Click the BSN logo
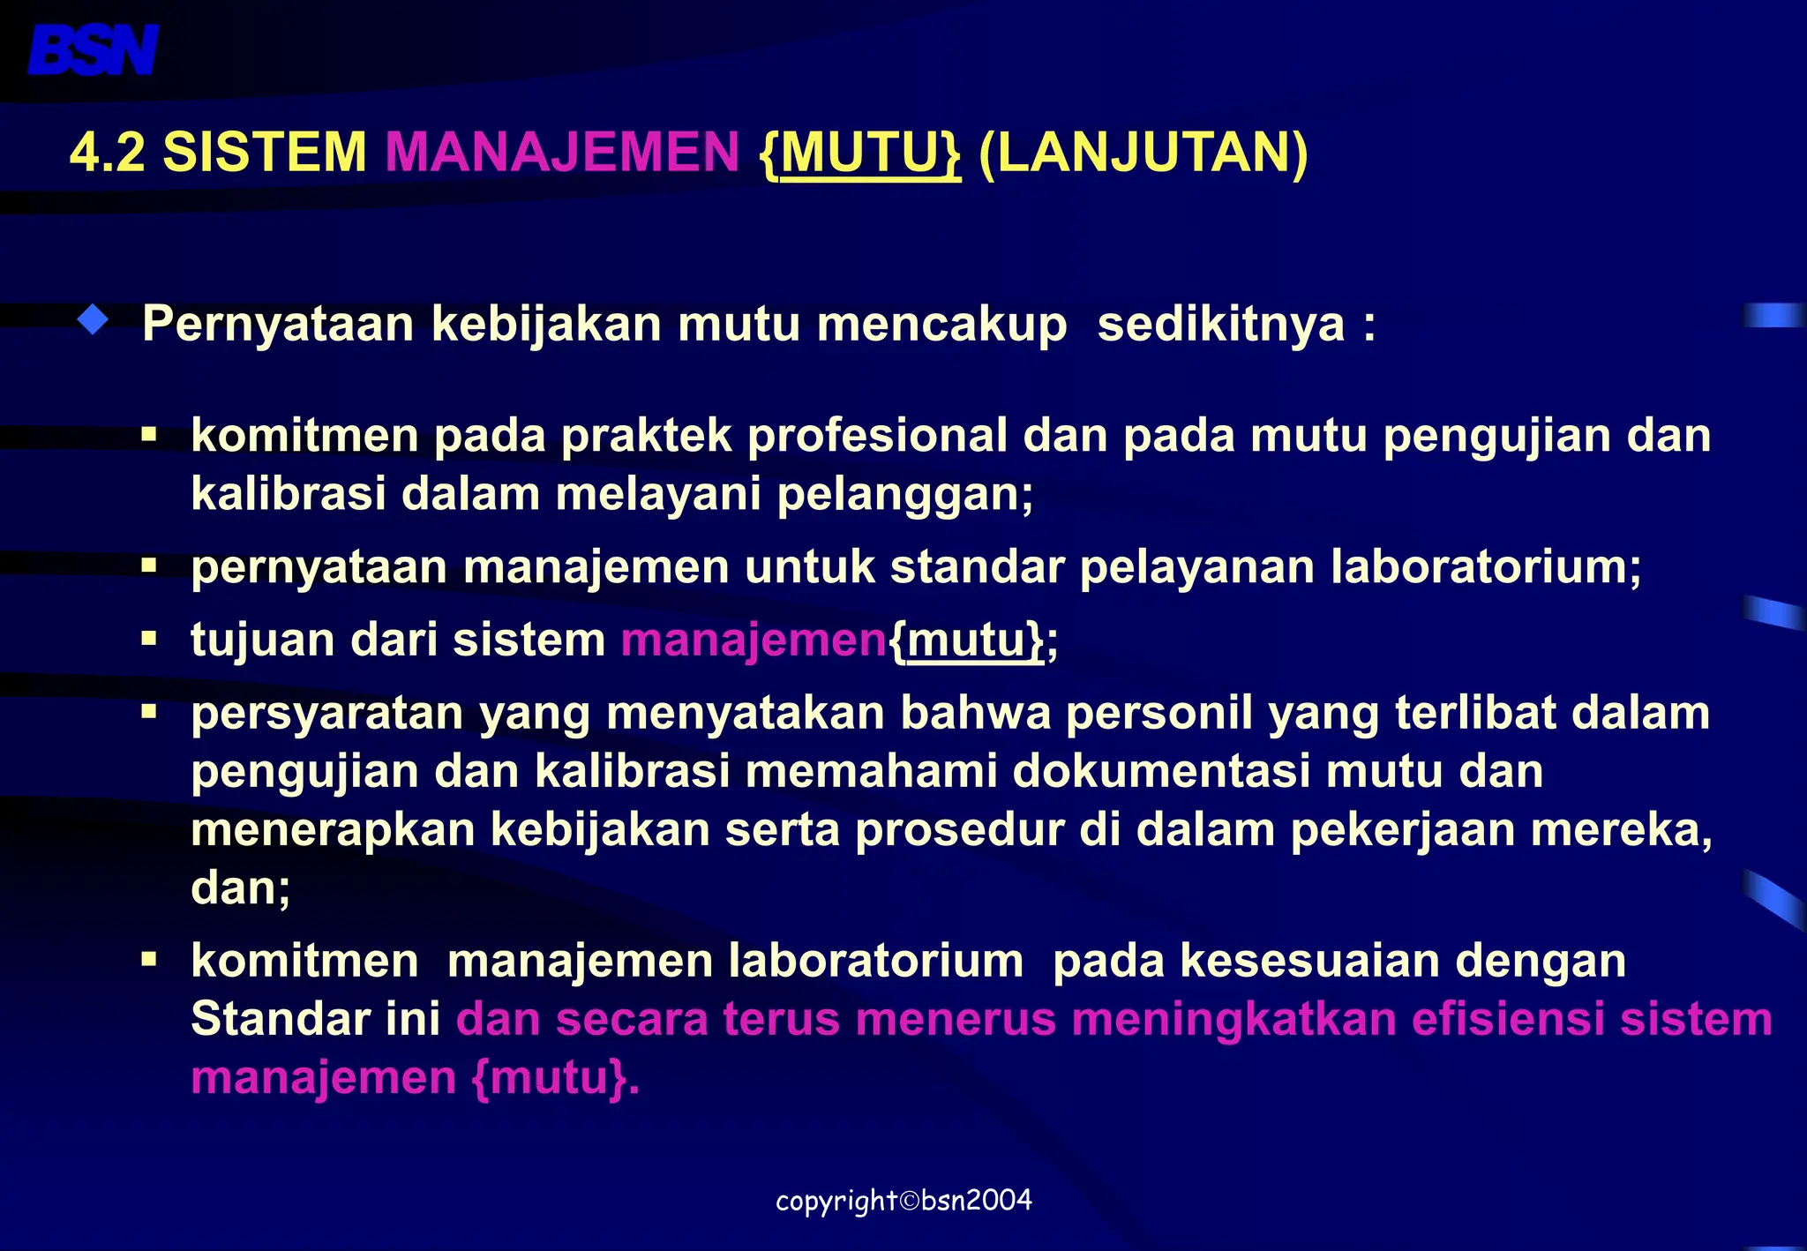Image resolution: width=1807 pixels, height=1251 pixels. tap(93, 50)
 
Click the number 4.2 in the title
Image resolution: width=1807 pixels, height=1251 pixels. tap(107, 152)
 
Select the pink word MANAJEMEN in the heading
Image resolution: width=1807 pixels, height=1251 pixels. tap(562, 152)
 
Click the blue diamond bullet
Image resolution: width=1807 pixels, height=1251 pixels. tap(93, 320)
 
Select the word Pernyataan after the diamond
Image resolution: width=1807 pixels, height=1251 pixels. tap(278, 325)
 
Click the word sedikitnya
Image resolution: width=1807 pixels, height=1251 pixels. tap(1221, 325)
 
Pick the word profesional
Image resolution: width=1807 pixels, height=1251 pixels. tap(877, 436)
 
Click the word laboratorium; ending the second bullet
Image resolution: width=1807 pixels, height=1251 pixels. tap(1486, 566)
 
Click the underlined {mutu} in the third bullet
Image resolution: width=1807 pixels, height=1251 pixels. tap(968, 640)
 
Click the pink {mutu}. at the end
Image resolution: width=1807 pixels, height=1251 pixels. tap(555, 1078)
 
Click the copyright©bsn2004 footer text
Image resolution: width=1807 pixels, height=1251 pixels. tap(903, 1201)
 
